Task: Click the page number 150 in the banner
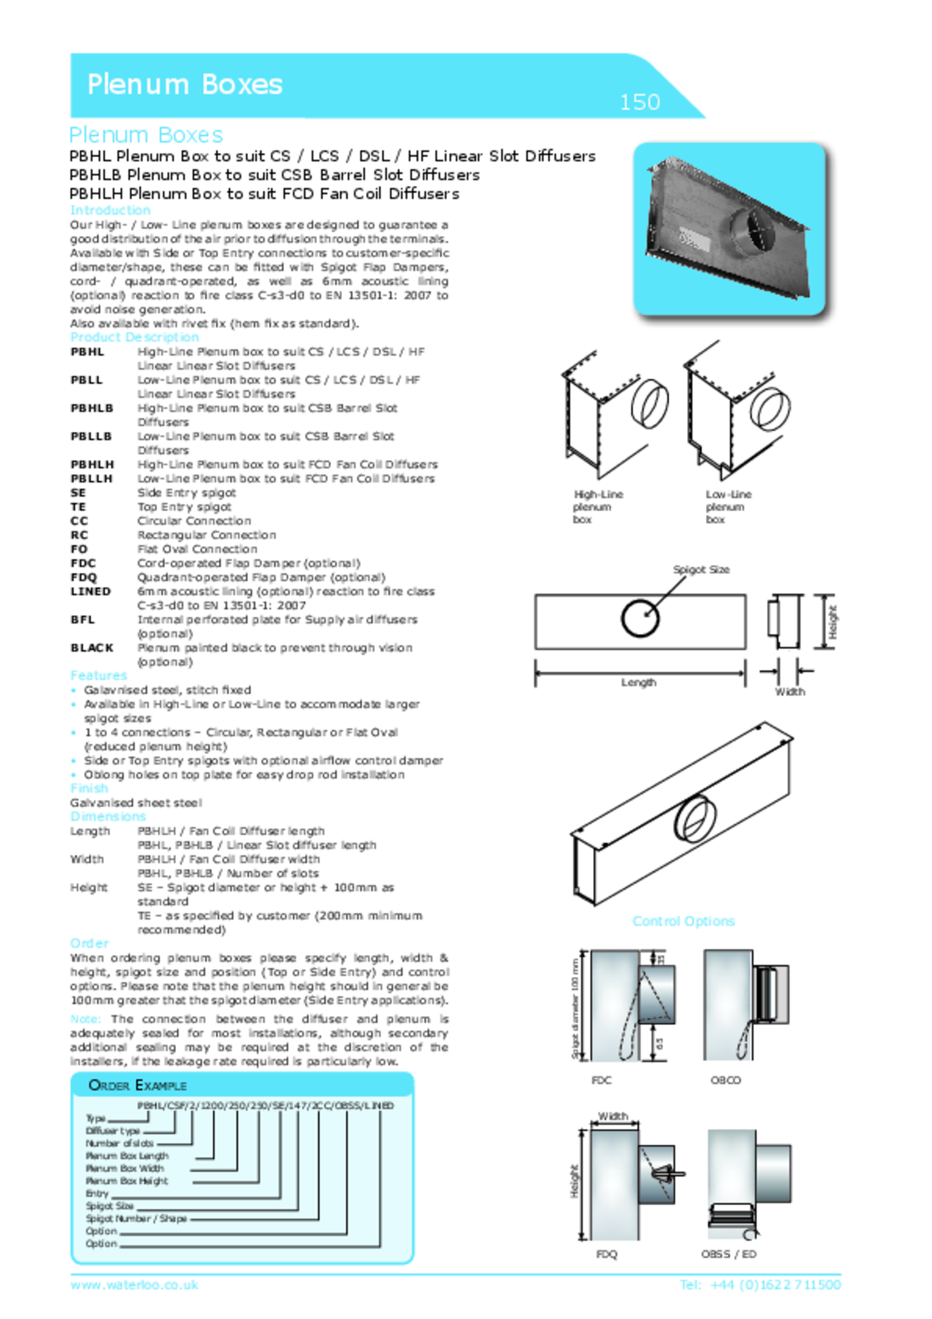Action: (x=640, y=102)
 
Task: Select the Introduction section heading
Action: (x=110, y=210)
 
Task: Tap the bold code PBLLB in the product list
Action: (x=91, y=436)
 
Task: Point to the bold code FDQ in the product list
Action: (x=84, y=577)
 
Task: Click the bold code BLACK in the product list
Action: (x=92, y=647)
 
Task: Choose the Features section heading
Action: (x=98, y=675)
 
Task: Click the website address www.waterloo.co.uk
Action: (x=134, y=1285)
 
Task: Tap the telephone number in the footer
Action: (x=760, y=1285)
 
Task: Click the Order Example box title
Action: (x=137, y=1085)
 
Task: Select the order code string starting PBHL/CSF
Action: (x=265, y=1105)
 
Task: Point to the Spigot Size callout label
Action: (x=701, y=569)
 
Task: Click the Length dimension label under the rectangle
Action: (x=638, y=682)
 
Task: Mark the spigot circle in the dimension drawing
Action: (x=640, y=618)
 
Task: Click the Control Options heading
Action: (x=683, y=921)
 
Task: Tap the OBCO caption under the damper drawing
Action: (x=725, y=1080)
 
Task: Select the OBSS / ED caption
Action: (x=728, y=1254)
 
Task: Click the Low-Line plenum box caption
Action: (x=728, y=506)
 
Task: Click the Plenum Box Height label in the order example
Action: (x=126, y=1180)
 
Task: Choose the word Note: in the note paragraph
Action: (x=85, y=1019)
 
